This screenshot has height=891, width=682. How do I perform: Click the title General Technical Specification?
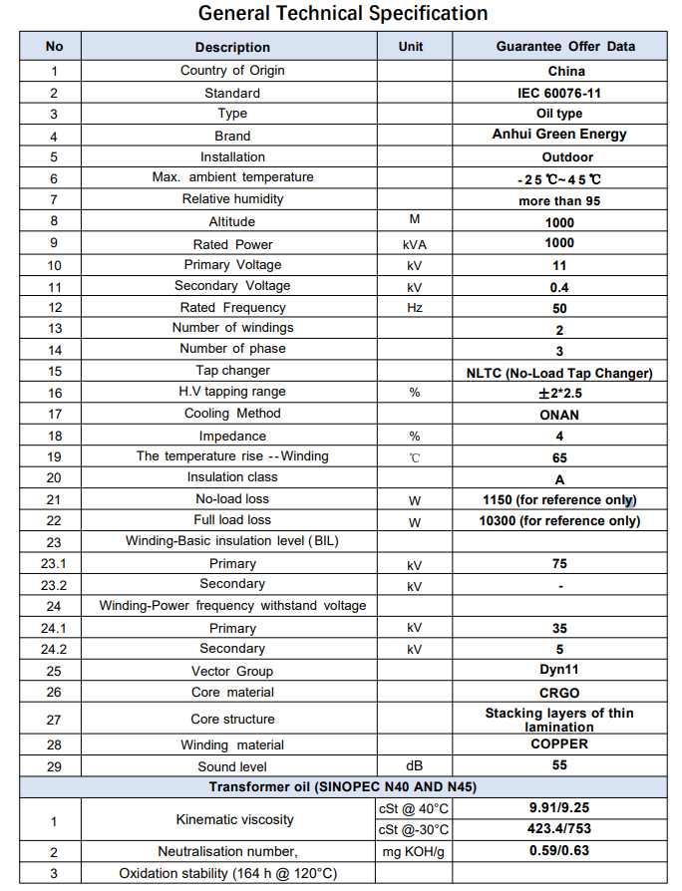click(x=343, y=13)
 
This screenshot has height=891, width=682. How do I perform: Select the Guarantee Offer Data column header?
click(x=565, y=47)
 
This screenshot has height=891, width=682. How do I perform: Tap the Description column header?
click(x=232, y=47)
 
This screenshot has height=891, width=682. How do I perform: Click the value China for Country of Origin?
click(x=566, y=71)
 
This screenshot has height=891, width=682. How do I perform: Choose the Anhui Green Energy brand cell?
click(x=559, y=135)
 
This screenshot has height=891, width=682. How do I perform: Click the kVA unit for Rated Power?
click(x=414, y=244)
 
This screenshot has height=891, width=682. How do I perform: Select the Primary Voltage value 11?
click(x=559, y=266)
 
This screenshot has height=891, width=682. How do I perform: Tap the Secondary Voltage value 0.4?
click(x=559, y=287)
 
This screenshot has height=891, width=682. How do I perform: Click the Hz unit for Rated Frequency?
click(x=414, y=308)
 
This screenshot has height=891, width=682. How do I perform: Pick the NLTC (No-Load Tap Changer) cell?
click(x=559, y=373)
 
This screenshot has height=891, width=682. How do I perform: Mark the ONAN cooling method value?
click(x=559, y=415)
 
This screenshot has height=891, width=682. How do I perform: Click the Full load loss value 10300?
click(x=559, y=520)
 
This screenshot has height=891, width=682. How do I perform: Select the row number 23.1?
click(x=54, y=564)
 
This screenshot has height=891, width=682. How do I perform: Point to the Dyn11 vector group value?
click(x=559, y=671)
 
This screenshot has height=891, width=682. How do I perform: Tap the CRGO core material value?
click(x=559, y=693)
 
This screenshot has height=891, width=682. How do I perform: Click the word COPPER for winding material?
click(x=559, y=743)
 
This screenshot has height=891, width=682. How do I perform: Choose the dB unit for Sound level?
click(x=414, y=765)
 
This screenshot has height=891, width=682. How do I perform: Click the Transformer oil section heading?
click(x=342, y=786)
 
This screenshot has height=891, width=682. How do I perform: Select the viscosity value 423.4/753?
click(x=559, y=829)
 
